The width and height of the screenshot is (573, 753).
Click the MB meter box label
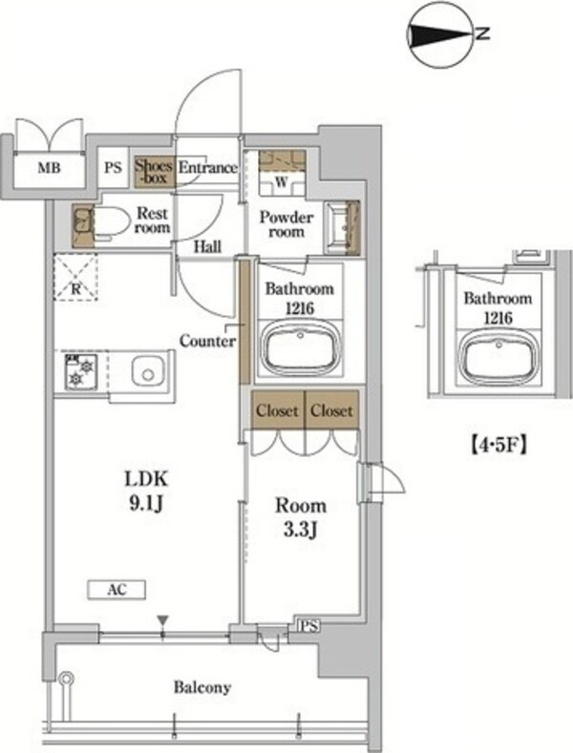[50, 168]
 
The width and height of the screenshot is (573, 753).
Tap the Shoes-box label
[154, 172]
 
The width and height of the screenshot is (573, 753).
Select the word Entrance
[207, 168]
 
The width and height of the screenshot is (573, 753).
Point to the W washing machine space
[282, 182]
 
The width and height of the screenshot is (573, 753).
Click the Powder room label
[286, 224]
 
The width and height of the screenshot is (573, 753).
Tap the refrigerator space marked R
[75, 278]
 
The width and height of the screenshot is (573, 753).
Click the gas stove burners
[81, 371]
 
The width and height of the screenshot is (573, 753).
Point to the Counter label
[207, 341]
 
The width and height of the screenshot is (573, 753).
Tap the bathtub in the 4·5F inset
[499, 358]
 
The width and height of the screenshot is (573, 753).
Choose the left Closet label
[277, 410]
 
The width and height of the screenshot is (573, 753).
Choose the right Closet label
[331, 410]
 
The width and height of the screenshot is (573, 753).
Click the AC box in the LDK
[117, 590]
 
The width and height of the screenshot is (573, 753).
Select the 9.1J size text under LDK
[147, 504]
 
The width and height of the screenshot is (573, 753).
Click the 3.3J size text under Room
[301, 532]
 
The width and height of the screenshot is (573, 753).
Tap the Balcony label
[202, 688]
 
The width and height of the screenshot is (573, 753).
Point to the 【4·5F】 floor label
[498, 445]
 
